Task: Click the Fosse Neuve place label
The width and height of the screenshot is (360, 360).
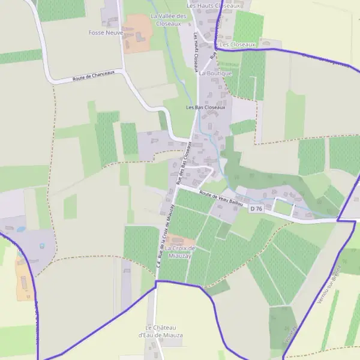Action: [x=106, y=32]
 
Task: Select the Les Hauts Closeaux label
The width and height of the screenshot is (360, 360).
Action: [x=213, y=5]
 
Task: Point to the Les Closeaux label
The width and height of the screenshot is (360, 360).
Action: [x=238, y=44]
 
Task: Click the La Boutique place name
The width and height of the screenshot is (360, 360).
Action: [x=215, y=73]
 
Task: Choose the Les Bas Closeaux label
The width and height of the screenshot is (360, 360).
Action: [x=205, y=107]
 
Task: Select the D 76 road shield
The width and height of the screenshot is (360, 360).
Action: [x=256, y=208]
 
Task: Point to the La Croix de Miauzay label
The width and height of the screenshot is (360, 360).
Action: [x=180, y=252]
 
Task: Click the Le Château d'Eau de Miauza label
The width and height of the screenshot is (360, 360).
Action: [x=160, y=331]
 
